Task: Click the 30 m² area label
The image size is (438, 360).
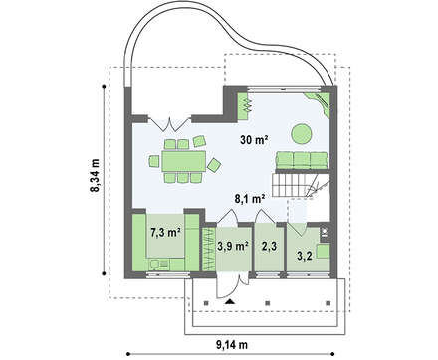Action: [254, 140]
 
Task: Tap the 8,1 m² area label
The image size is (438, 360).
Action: [250, 199]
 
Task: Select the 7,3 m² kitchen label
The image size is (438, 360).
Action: [165, 233]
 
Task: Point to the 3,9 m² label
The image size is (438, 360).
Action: [233, 246]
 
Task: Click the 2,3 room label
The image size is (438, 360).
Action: [269, 246]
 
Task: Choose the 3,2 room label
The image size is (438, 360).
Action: [305, 256]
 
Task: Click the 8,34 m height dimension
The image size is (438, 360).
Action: [96, 176]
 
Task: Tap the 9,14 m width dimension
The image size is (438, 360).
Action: [232, 345]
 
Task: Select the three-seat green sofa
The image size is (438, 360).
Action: [302, 160]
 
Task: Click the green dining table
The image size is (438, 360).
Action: [183, 161]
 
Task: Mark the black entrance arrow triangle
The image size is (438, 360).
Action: [229, 301]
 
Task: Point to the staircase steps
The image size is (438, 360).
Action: [292, 185]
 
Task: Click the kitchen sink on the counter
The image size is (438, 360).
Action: [155, 265]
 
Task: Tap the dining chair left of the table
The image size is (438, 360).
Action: [154, 161]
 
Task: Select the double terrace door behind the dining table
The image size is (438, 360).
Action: [169, 123]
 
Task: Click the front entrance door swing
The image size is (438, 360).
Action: [231, 285]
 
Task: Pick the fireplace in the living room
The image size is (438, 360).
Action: [245, 106]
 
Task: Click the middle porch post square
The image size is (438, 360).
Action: [268, 303]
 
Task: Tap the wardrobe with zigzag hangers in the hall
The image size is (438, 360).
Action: [209, 249]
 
